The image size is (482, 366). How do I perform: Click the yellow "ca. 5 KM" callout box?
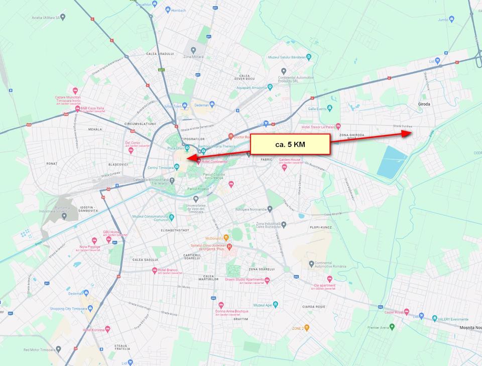290,144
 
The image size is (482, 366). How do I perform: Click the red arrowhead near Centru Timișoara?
190,159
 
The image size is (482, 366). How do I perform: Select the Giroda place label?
424,105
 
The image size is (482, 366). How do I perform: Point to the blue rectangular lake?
392,162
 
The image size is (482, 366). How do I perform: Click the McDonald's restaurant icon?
226,237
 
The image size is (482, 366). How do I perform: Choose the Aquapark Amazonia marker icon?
270,87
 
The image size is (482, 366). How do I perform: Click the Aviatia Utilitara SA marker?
63,17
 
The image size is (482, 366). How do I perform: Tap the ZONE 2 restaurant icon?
307,328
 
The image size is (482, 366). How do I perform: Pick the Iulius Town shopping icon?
185,106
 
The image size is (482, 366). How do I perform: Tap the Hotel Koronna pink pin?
108,329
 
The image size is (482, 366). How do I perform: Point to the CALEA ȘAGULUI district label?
144,259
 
